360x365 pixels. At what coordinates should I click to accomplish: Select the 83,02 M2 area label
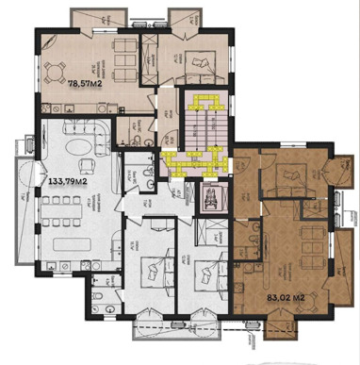[x=284, y=299]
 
